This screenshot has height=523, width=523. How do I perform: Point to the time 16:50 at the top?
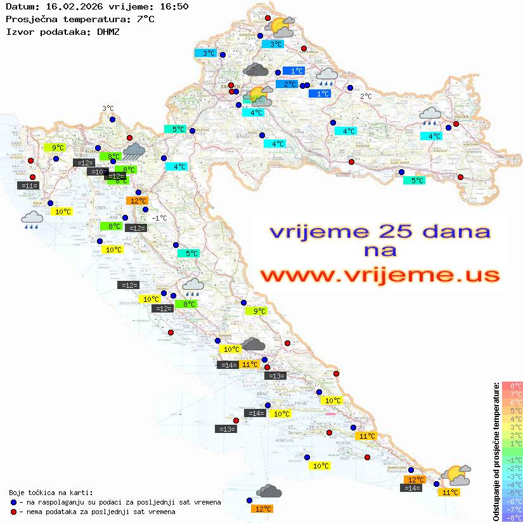174,7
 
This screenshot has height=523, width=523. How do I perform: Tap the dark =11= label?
29,186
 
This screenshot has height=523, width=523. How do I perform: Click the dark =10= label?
97,172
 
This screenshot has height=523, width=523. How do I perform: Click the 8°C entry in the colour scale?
512,386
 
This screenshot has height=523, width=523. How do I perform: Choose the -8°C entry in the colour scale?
512,518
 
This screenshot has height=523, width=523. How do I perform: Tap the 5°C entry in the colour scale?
512,411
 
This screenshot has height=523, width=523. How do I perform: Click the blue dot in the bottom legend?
14,502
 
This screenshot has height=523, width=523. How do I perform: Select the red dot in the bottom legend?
14,512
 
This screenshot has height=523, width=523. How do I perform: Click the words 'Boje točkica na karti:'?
51,493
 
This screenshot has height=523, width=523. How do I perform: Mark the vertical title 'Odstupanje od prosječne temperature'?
496,451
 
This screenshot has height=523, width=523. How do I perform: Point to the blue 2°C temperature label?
287,84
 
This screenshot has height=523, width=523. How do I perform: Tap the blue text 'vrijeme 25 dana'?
380,231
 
